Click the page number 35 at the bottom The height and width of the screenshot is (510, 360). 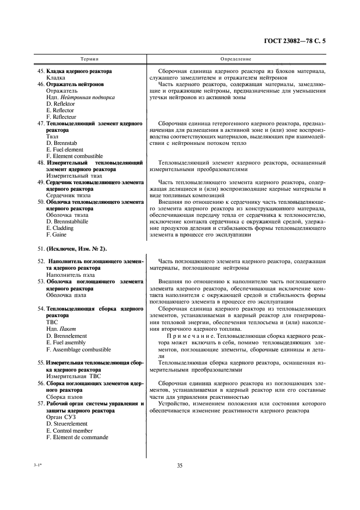tap(180, 465)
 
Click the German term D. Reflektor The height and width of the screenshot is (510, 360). tap(61, 104)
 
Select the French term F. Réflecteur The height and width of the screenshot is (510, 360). tap(62, 117)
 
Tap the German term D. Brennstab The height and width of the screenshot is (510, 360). tap(62, 143)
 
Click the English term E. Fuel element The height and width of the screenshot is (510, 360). tap(65, 150)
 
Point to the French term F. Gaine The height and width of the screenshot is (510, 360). tap(56, 235)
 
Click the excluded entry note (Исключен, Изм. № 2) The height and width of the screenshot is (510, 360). tap(81, 248)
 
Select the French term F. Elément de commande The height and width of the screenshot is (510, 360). tap(77, 437)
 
